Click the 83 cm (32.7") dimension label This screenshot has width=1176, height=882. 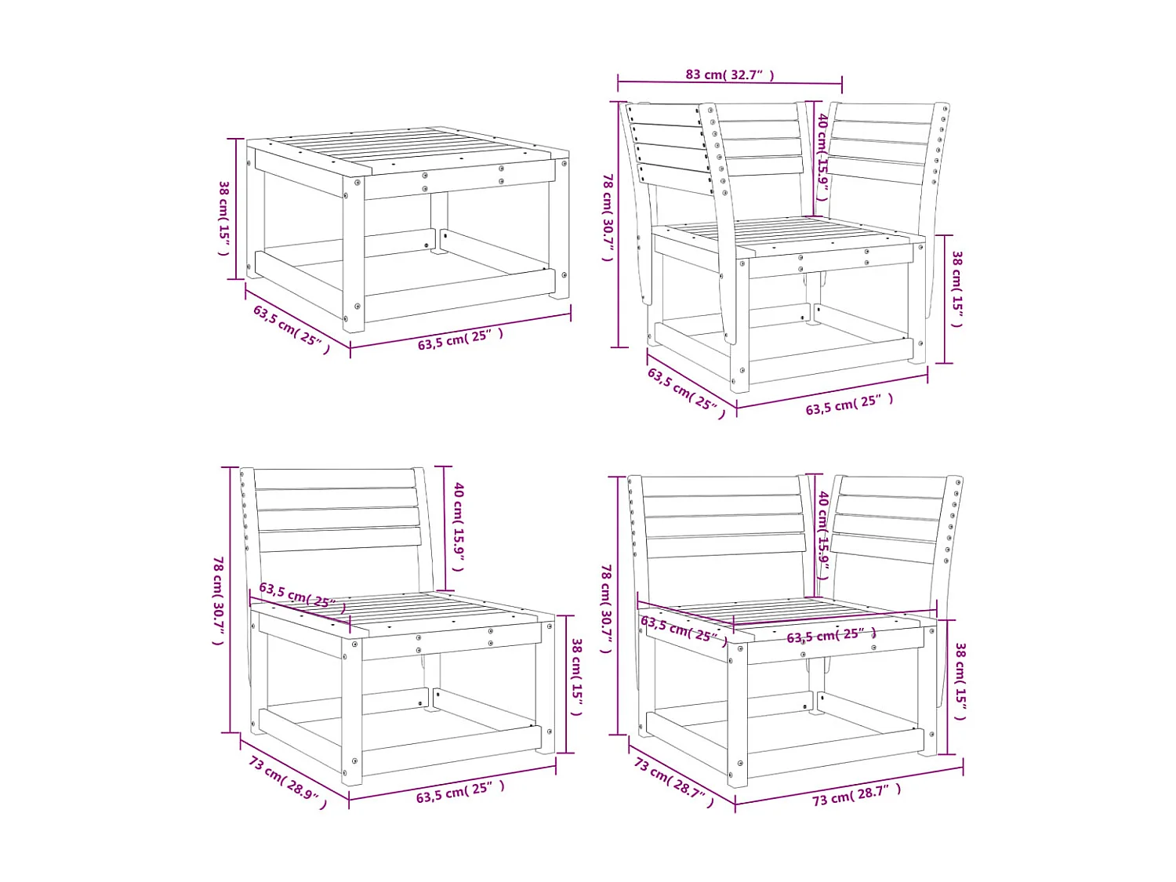[729, 74]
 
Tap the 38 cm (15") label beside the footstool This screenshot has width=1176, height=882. [224, 217]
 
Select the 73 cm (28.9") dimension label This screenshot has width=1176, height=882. [288, 782]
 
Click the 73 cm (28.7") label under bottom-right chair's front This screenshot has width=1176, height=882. [856, 795]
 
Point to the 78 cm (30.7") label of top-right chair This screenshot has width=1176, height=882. [608, 217]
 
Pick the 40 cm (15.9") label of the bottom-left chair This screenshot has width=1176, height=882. [459, 526]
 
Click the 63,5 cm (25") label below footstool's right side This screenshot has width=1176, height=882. [460, 339]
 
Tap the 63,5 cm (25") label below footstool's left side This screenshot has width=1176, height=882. [291, 328]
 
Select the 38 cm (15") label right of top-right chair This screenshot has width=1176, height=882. [957, 289]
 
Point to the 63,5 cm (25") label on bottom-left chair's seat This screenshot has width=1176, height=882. [302, 597]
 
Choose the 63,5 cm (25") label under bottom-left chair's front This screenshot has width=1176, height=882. [460, 791]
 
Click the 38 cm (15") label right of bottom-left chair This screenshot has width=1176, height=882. [577, 676]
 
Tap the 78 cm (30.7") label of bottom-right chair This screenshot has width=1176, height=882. [606, 608]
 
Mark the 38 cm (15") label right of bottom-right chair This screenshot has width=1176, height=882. [960, 681]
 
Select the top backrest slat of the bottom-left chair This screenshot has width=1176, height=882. [336, 478]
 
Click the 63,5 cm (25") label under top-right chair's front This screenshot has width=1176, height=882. [849, 404]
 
